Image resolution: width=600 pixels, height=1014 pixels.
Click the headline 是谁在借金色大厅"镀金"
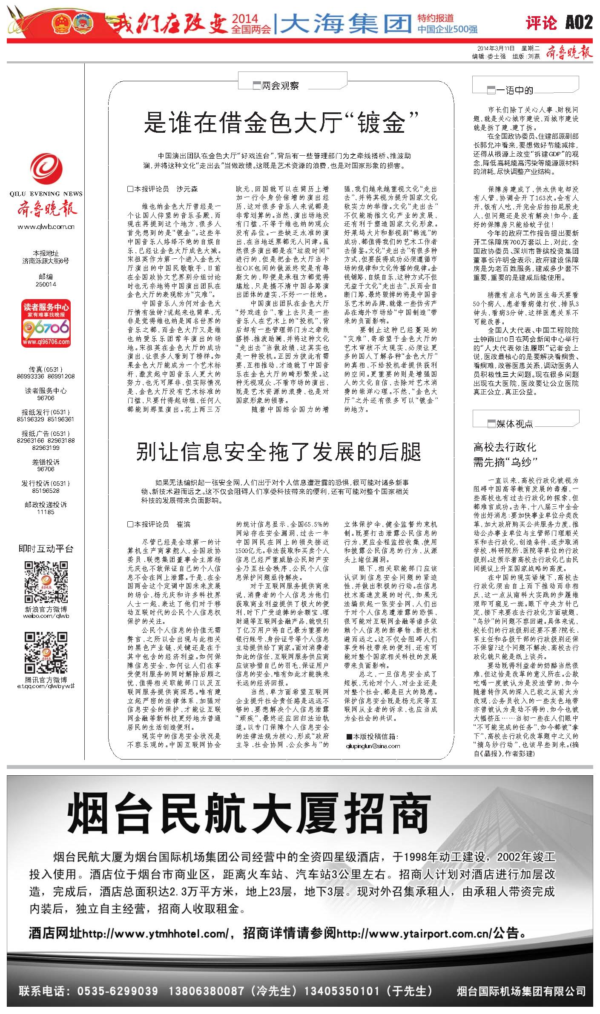point(281,123)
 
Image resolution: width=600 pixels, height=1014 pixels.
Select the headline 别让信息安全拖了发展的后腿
point(278,452)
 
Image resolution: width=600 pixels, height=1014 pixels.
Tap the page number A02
point(579,22)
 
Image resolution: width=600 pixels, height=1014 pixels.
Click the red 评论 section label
point(541,23)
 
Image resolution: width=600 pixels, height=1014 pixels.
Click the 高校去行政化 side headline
point(505,447)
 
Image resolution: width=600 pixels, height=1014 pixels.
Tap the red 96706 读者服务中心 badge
point(46,323)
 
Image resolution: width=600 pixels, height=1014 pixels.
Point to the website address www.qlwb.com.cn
point(46,227)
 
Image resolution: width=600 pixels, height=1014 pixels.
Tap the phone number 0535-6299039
point(118,991)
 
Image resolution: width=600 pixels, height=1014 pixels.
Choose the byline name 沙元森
point(187,189)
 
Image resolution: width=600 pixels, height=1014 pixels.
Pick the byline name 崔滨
point(184,524)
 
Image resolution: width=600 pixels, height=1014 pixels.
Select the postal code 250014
point(46,284)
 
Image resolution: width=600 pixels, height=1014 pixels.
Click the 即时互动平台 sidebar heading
point(46,548)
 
